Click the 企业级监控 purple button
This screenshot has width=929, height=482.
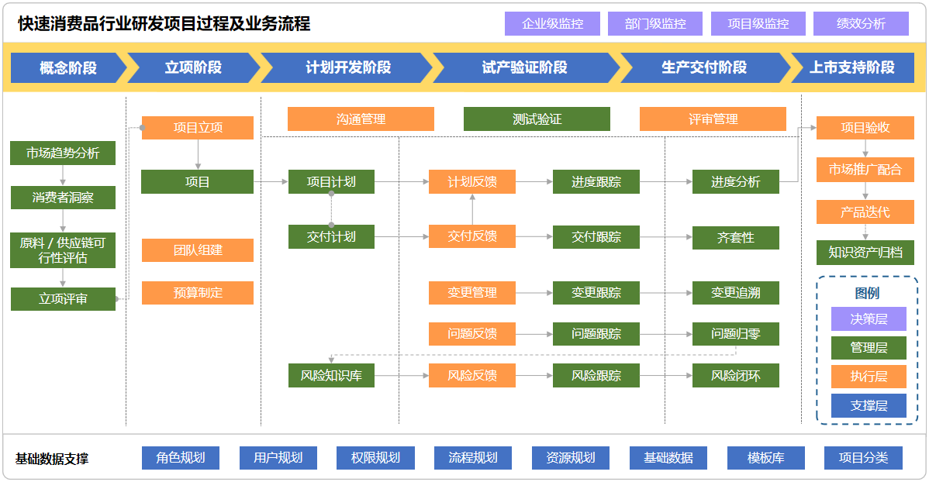click(552, 24)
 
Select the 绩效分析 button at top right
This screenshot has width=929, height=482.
click(861, 24)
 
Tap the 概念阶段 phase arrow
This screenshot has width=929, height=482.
click(68, 67)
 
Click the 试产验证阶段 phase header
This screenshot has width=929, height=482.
click(524, 67)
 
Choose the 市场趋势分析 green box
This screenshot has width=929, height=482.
click(63, 153)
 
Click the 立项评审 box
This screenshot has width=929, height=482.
click(63, 298)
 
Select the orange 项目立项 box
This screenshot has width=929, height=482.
click(198, 128)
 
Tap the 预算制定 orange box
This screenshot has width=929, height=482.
click(198, 293)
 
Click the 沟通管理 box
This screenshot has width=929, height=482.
click(361, 119)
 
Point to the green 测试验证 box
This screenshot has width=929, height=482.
click(537, 119)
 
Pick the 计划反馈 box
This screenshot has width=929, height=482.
click(471, 182)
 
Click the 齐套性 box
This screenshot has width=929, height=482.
click(735, 237)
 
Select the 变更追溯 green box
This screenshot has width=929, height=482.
click(735, 293)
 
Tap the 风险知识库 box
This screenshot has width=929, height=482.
click(331, 376)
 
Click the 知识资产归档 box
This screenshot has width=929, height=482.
click(865, 253)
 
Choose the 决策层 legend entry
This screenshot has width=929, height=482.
click(869, 318)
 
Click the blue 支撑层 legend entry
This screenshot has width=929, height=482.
click(869, 405)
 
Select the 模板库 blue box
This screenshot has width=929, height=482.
click(765, 458)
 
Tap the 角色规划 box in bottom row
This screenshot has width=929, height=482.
click(180, 458)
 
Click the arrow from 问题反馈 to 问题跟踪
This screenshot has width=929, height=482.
click(534, 334)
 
